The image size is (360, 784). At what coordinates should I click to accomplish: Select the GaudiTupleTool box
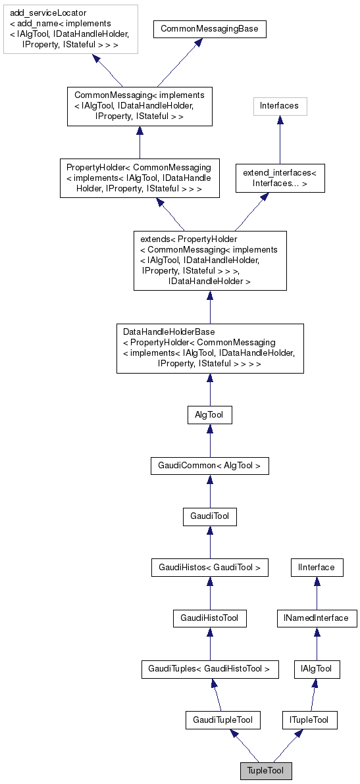point(223,720)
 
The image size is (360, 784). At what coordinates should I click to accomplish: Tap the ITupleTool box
point(309,720)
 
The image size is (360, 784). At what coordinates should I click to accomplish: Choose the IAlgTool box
point(317,670)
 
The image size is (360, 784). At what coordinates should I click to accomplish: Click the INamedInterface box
point(317,618)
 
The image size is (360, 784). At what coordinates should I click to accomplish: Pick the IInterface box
point(317,567)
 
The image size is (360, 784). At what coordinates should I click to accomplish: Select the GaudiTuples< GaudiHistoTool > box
point(209,670)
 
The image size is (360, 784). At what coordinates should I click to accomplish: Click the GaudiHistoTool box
point(209,618)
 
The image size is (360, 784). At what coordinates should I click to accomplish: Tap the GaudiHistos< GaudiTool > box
point(209,567)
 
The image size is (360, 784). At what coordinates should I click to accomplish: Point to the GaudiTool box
point(209,516)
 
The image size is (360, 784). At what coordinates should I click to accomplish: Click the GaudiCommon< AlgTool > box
point(209,466)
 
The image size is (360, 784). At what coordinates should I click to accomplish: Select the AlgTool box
point(209,414)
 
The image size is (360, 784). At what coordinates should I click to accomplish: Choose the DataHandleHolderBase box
point(210,348)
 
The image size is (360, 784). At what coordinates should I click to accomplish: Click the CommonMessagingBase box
point(209,29)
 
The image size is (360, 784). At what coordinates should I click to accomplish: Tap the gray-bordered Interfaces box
point(280,105)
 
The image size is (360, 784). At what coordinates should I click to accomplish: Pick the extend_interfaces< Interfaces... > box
point(280,178)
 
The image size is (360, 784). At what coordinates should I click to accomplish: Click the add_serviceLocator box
point(70,29)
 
